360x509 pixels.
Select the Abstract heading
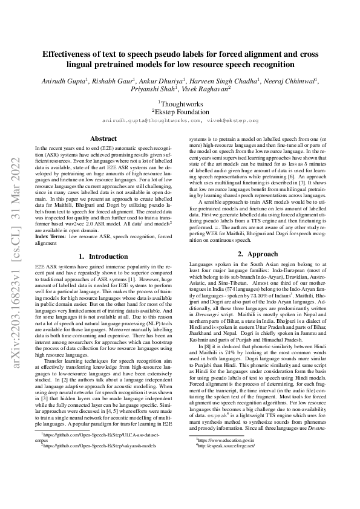tap(103, 138)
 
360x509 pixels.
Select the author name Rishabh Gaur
tap(115, 79)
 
